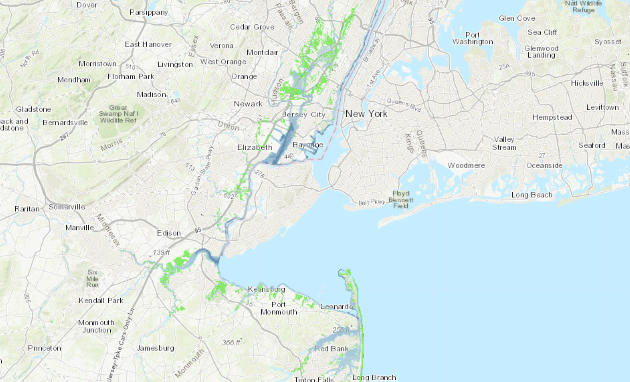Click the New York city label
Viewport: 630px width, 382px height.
click(x=366, y=114)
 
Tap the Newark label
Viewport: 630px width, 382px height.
click(x=248, y=104)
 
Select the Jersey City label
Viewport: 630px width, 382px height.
click(x=304, y=114)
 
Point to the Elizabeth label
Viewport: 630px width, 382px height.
click(x=254, y=147)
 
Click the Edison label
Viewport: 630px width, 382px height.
click(x=169, y=233)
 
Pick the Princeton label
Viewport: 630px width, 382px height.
click(x=44, y=348)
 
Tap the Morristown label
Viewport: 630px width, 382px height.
click(x=98, y=64)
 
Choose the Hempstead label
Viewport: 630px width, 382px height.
click(x=552, y=117)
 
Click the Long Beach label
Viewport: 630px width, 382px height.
click(x=532, y=195)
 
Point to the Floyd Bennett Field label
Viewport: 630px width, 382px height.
click(x=401, y=199)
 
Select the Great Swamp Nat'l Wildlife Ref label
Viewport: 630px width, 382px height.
click(x=118, y=114)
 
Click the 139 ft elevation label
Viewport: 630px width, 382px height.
click(x=161, y=252)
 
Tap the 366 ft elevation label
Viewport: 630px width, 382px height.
click(x=231, y=343)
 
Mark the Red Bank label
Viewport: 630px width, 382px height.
click(x=332, y=349)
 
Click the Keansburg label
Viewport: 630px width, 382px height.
click(x=267, y=289)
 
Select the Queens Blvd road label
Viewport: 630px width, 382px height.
click(x=404, y=105)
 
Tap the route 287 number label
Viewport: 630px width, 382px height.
click(x=64, y=136)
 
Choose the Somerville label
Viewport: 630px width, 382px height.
click(x=67, y=207)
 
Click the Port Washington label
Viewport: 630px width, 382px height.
click(x=472, y=38)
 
